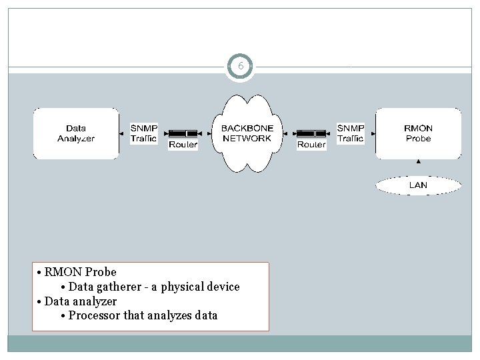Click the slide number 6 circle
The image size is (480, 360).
240,67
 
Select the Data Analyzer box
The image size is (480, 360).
76,133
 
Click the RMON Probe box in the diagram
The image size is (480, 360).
418,133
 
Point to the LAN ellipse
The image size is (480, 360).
418,185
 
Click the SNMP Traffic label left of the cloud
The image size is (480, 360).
143,133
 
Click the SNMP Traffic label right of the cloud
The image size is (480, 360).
350,133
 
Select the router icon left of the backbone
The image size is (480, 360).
183,133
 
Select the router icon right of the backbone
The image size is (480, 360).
311,133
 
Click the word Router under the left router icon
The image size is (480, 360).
183,144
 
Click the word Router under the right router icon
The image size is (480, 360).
311,144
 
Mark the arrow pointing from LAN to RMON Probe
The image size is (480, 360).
418,165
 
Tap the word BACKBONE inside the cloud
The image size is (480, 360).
247,128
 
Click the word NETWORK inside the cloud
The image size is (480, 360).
247,138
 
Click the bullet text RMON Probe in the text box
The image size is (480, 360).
81,272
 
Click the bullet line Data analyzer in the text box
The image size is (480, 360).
81,301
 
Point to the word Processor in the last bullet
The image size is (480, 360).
95,315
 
